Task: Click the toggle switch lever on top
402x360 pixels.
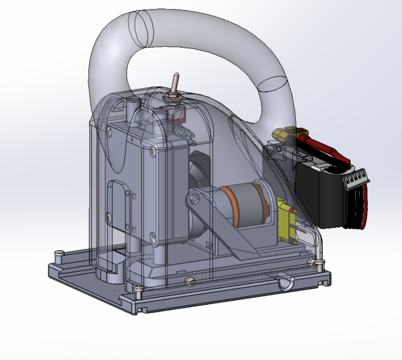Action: coord(175,83)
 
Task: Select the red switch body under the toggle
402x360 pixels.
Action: coord(179,115)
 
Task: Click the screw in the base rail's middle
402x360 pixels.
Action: coord(190,280)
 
